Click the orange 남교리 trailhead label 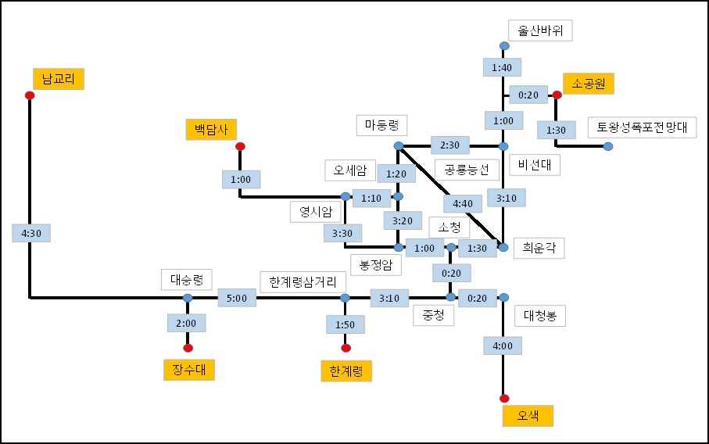point(58,79)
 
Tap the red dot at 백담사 point(240,146)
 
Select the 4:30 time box point(30,233)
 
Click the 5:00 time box point(237,298)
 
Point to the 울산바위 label point(541,30)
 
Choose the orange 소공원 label point(589,83)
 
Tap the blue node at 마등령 point(398,146)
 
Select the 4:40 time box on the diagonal point(457,204)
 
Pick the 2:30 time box point(450,145)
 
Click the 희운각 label point(539,248)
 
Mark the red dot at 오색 point(503,399)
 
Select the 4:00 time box point(503,346)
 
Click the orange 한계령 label point(346,371)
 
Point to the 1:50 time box point(345,324)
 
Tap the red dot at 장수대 point(188,348)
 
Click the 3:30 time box point(342,232)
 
